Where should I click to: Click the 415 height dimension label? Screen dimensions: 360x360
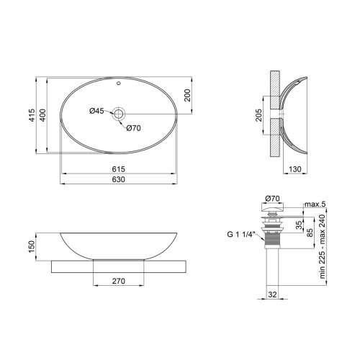(x=32, y=115)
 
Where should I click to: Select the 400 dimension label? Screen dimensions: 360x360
(x=42, y=115)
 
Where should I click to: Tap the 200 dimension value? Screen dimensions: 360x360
(x=187, y=95)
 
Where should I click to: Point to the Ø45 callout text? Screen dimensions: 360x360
(x=96, y=111)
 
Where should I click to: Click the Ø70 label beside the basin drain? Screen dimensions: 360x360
(x=134, y=128)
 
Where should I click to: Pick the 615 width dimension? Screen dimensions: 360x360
(x=119, y=169)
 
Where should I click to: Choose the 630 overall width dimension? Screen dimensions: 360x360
(x=119, y=179)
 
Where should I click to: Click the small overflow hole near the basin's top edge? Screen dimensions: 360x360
(x=118, y=84)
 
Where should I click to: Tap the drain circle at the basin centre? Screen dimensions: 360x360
(x=119, y=114)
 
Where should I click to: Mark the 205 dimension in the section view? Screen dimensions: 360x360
(x=258, y=115)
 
